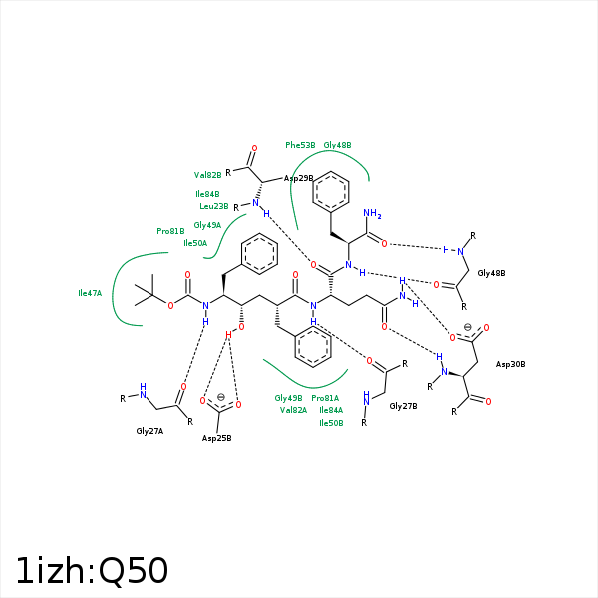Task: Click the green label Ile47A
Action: click(90, 293)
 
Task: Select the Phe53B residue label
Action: click(300, 145)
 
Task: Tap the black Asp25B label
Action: click(216, 438)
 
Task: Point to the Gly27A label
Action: click(149, 431)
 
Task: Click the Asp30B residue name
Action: click(510, 364)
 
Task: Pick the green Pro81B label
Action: click(170, 231)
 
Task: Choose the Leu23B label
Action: click(214, 206)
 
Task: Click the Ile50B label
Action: click(331, 423)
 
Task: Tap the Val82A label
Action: click(293, 410)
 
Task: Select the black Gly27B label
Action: click(403, 406)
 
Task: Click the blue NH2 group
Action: click(372, 214)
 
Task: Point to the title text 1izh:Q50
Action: click(92, 571)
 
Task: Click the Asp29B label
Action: click(298, 178)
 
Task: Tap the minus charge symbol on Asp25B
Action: click(221, 397)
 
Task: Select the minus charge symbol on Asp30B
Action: click(468, 327)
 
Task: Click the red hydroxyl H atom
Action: click(228, 335)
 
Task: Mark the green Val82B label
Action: click(208, 175)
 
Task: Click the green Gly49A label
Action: click(207, 225)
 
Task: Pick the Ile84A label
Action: click(331, 410)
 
